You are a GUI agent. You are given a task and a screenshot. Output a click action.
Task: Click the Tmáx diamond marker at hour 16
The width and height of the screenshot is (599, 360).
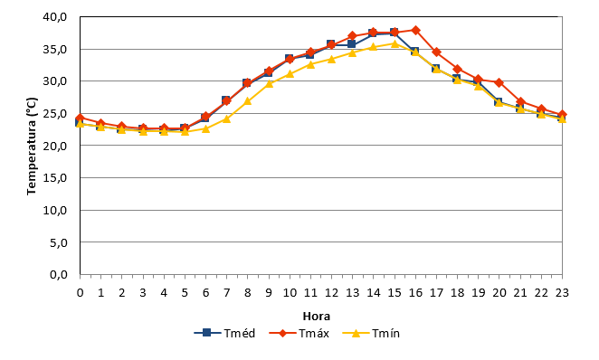coord(415,30)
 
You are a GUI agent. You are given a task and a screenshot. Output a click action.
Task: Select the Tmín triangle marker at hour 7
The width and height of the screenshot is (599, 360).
coord(226,118)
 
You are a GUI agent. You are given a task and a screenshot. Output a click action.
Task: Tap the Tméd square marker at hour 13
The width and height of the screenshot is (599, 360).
coord(351,44)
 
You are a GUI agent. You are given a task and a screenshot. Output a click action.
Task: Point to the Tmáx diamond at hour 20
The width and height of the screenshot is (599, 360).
coord(499,82)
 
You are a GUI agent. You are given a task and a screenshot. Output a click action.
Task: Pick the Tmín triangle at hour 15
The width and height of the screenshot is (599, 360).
coord(395,43)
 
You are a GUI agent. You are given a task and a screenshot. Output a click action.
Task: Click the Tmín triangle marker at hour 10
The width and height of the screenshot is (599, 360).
coord(290,73)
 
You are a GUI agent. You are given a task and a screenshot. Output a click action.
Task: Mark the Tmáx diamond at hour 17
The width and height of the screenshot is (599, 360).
coord(436,52)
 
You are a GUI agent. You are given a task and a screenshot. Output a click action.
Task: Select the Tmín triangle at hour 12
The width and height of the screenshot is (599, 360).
coord(331,59)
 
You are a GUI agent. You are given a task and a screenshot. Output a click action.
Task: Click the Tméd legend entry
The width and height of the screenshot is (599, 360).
coord(224,333)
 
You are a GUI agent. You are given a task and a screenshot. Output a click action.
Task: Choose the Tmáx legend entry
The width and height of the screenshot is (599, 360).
coord(299,333)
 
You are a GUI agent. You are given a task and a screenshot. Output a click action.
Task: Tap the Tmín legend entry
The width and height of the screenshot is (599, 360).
coord(371,333)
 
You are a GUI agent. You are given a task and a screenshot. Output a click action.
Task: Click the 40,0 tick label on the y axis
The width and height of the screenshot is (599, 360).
coord(55,17)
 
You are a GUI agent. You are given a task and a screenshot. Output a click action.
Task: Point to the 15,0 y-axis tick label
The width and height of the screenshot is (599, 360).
coord(55,178)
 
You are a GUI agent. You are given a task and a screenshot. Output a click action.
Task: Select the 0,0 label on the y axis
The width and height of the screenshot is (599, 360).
coord(59,274)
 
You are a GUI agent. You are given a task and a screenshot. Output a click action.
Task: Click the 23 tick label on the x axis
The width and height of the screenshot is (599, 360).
coord(562,293)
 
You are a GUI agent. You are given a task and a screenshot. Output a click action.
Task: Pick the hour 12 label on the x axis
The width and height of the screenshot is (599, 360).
coord(331,293)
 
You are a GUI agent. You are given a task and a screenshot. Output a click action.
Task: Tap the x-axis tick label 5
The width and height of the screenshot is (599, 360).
coord(185,293)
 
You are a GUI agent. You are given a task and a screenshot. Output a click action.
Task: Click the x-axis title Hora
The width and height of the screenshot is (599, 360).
coord(317,316)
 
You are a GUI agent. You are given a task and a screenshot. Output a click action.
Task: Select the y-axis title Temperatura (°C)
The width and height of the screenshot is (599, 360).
coord(32,147)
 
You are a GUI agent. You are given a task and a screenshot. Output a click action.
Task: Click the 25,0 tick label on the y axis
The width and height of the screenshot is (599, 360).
coord(55,113)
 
